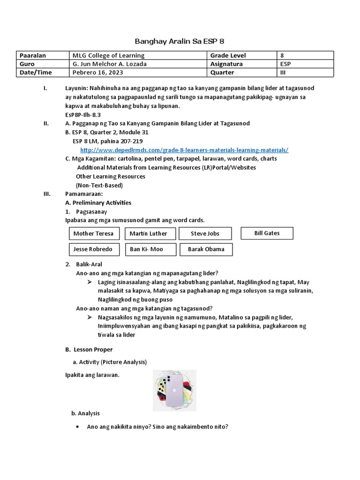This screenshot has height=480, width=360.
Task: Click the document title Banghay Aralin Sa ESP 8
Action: tap(180, 41)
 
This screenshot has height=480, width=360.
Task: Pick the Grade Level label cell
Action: tap(228, 55)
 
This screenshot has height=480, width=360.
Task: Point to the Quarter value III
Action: tap(283, 73)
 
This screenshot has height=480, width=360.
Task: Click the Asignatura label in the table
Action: tap(226, 64)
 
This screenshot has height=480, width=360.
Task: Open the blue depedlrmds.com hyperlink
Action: tap(184, 150)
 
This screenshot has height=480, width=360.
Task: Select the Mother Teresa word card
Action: tap(94, 233)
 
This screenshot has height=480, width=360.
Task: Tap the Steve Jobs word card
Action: tap(205, 233)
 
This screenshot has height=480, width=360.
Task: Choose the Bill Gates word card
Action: tap(267, 233)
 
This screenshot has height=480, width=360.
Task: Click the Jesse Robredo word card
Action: tap(94, 249)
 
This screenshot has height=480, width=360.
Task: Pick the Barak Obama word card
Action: tap(206, 249)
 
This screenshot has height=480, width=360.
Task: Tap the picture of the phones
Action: tap(174, 390)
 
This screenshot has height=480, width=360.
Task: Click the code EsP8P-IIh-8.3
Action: tap(83, 115)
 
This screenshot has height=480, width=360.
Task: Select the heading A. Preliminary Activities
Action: tap(98, 202)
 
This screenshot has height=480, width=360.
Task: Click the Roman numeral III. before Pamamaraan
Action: tap(46, 194)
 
